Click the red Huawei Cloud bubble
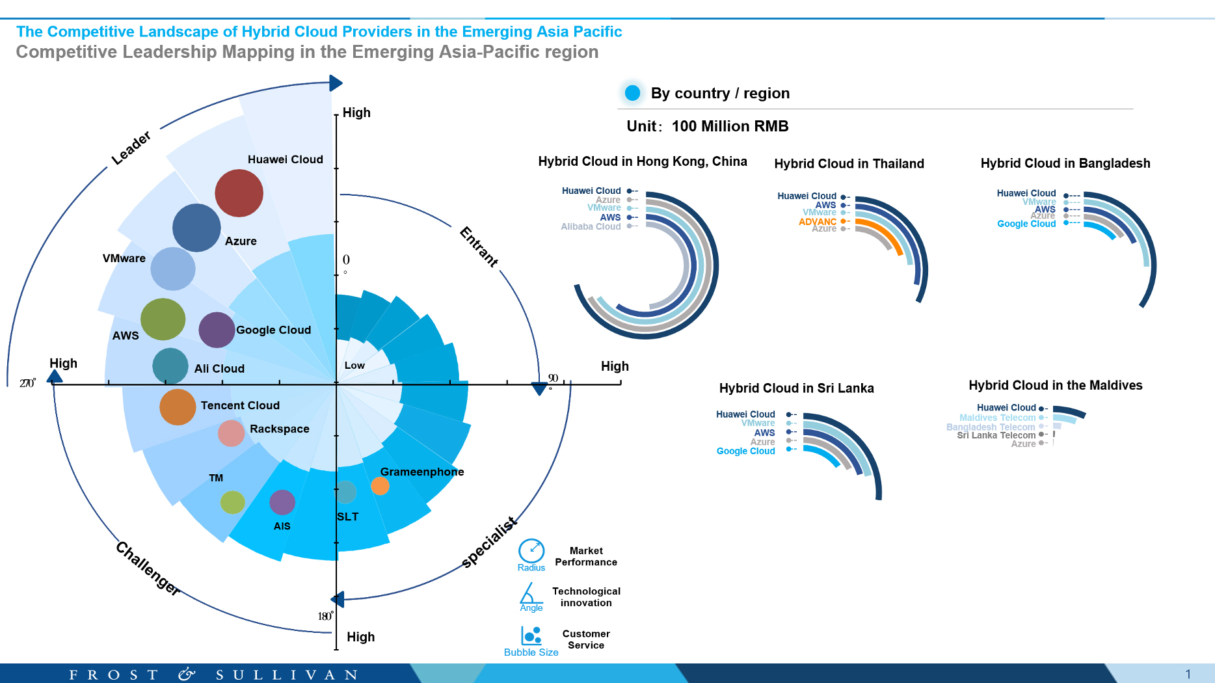(x=239, y=193)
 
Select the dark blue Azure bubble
(x=196, y=228)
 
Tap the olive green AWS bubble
(x=163, y=319)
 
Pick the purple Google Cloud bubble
(x=217, y=330)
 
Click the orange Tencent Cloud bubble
(x=178, y=407)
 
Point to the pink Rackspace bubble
(x=231, y=433)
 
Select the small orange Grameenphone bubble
(x=380, y=486)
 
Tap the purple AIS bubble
(x=282, y=502)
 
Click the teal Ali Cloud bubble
(x=170, y=366)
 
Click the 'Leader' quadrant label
(x=131, y=148)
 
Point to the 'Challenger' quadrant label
(x=148, y=568)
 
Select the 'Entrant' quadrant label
(x=479, y=247)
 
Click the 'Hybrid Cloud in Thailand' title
(x=849, y=164)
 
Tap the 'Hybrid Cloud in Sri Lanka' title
(x=796, y=388)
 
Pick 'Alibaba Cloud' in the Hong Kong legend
(x=591, y=226)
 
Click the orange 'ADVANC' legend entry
(x=818, y=222)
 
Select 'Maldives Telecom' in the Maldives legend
(x=997, y=418)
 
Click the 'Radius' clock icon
(x=531, y=551)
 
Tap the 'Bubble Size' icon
(x=531, y=635)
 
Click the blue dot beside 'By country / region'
(x=632, y=93)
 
